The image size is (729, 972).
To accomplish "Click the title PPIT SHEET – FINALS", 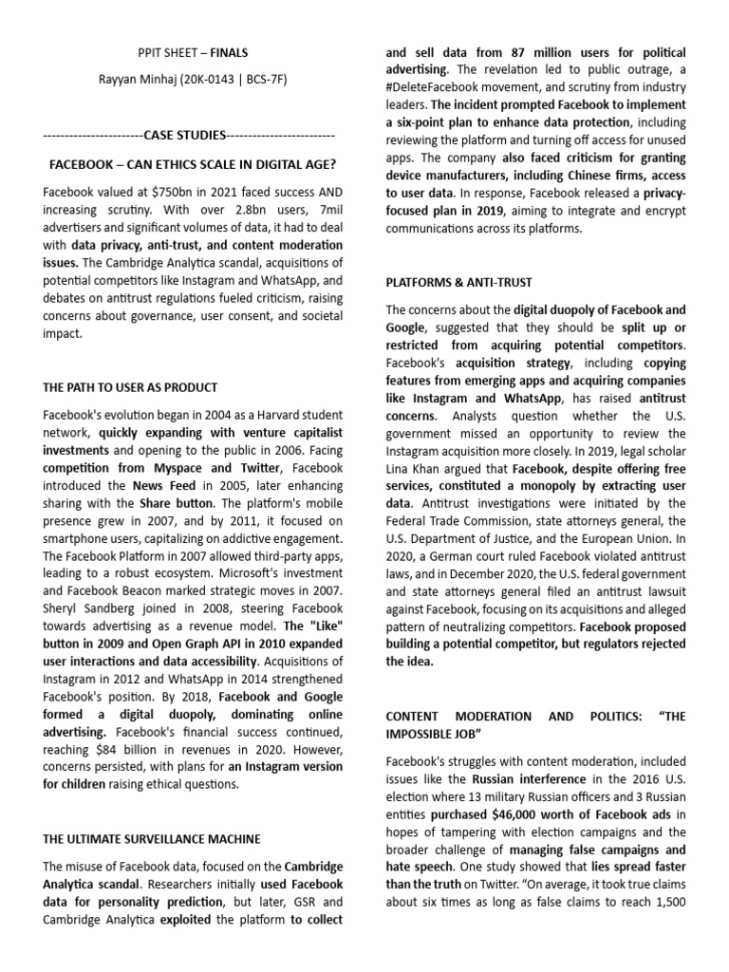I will [193, 53].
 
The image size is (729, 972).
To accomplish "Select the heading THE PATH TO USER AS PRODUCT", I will [130, 387].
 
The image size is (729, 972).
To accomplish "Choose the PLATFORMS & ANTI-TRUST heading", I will [458, 282].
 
